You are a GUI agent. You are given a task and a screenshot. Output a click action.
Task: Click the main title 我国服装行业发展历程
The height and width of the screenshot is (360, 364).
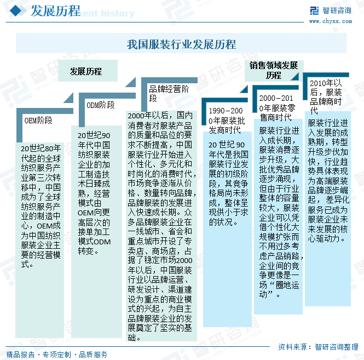click(181, 44)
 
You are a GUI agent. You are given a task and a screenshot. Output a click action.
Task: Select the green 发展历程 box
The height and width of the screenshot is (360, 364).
click(86, 72)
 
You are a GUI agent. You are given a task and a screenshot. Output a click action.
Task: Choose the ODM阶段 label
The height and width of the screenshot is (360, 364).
click(101, 105)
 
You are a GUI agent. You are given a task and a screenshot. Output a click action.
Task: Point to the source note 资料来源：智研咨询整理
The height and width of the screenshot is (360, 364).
click(318, 346)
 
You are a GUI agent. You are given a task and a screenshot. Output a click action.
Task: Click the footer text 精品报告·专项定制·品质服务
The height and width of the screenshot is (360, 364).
click(57, 354)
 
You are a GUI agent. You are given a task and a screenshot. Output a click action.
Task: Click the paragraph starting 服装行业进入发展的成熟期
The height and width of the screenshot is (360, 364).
click(328, 180)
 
